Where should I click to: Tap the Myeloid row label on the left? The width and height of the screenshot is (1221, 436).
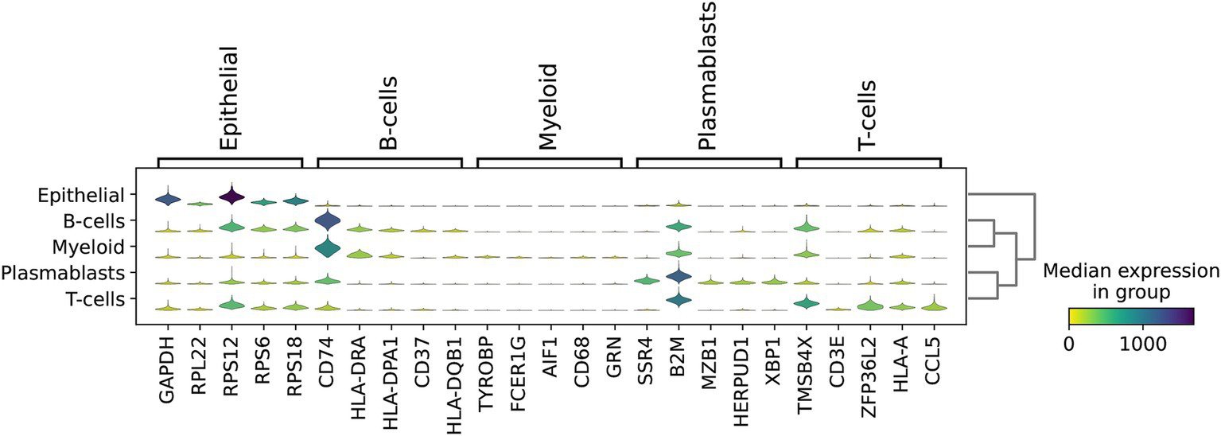point(89,246)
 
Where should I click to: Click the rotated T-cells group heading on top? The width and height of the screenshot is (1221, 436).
point(869,115)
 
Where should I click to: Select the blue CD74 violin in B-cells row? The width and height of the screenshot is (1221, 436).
point(327,220)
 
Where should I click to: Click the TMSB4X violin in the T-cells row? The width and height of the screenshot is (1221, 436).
point(806,302)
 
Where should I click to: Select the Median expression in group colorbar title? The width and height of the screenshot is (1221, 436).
point(1130,282)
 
